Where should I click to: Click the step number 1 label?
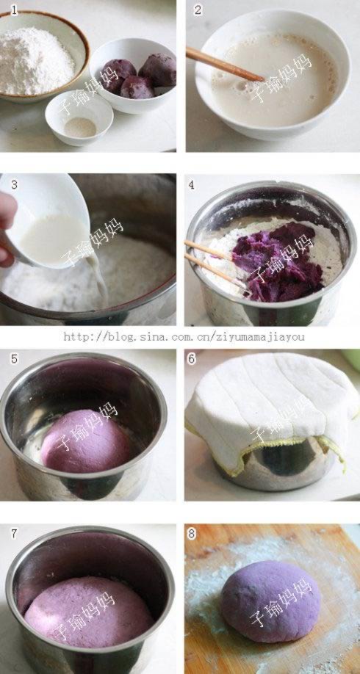pyautogui.click(x=15, y=10)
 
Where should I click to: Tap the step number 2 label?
pyautogui.click(x=198, y=10)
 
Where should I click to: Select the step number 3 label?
pyautogui.click(x=15, y=185)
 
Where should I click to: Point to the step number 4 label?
pyautogui.click(x=192, y=185)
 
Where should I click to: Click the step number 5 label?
pyautogui.click(x=15, y=358)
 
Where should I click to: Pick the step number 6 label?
pyautogui.click(x=192, y=358)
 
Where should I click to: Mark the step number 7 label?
pyautogui.click(x=15, y=534)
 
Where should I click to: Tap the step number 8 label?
pyautogui.click(x=192, y=534)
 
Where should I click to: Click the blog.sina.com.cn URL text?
pyautogui.click(x=184, y=336)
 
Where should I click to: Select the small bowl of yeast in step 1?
pyautogui.click(x=79, y=117)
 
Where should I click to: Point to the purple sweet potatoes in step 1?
pyautogui.click(x=137, y=77)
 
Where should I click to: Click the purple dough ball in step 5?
pyautogui.click(x=86, y=441)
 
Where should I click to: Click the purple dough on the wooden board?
pyautogui.click(x=270, y=601)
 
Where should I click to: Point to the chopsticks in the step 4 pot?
pyautogui.click(x=213, y=262)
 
